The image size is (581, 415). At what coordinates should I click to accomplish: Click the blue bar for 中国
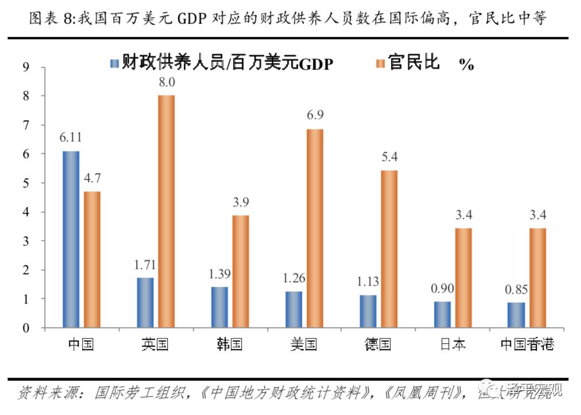pos(71,239)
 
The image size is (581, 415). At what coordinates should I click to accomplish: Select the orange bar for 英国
pos(166,212)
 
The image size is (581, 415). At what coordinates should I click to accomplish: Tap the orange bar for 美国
pos(315,228)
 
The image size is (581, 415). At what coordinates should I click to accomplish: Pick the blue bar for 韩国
pos(219,307)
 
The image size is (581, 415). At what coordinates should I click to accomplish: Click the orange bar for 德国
pos(389,249)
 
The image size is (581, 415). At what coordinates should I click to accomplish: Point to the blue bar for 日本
pos(442,314)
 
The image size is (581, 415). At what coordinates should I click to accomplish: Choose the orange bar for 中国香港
pos(538,278)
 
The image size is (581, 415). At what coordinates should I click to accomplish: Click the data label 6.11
pos(71,139)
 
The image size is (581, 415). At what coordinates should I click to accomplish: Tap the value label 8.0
pos(166,82)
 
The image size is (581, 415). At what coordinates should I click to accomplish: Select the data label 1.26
pos(293,279)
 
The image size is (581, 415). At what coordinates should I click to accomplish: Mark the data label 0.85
pos(516,290)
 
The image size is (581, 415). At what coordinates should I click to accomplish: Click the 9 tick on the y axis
pos(25,67)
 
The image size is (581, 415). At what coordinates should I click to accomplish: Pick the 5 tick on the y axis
pos(25,183)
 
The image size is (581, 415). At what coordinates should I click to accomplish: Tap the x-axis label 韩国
pos(230,344)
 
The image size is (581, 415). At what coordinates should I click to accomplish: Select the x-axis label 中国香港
pos(526,344)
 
